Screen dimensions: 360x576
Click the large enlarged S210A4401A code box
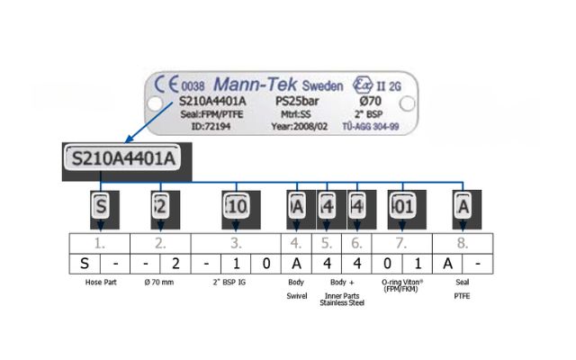pyautogui.click(x=122, y=160)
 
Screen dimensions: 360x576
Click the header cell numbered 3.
pyautogui.click(x=237, y=243)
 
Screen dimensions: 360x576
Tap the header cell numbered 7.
pyautogui.click(x=400, y=243)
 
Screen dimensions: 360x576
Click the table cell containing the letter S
pyautogui.click(x=85, y=265)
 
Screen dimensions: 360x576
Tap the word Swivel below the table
pyautogui.click(x=297, y=295)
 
